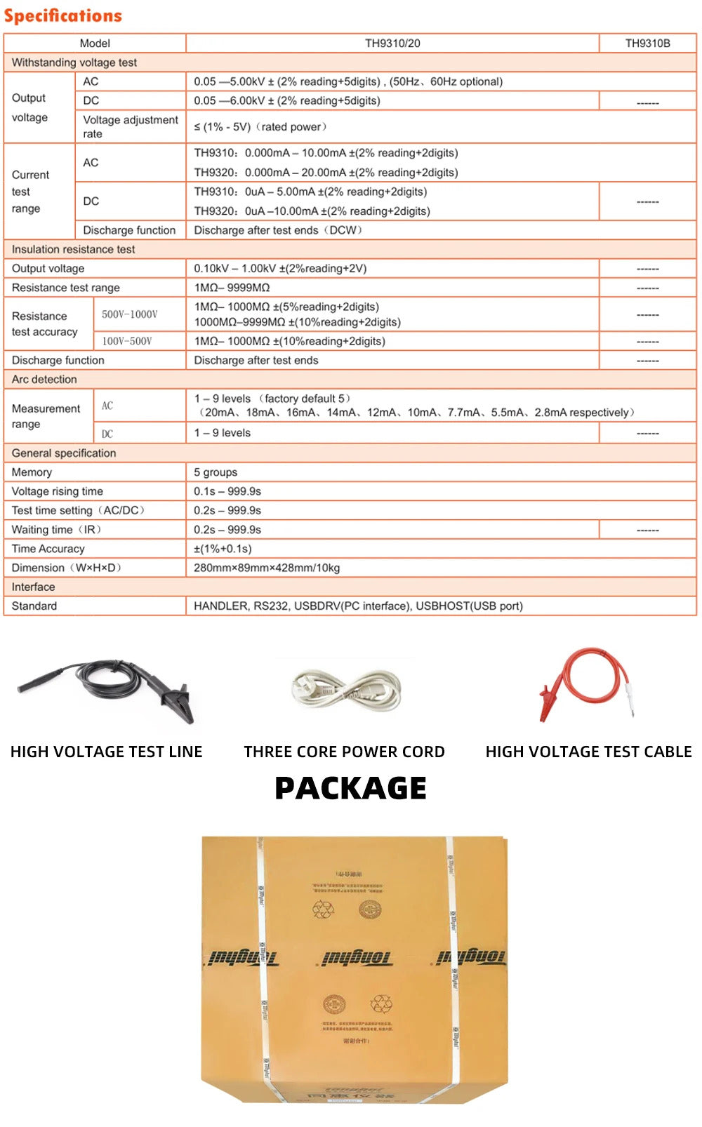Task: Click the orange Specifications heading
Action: point(63,15)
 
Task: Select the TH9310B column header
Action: point(647,44)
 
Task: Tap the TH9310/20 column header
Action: point(392,44)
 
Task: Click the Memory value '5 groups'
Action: point(216,472)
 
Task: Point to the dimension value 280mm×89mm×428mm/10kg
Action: point(267,568)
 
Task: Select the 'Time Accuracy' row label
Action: point(48,549)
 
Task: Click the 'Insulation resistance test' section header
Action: point(73,249)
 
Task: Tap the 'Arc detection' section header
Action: point(44,379)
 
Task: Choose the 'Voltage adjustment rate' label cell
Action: point(130,126)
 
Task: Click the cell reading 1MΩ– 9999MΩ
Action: point(232,288)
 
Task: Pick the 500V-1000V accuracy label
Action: point(130,314)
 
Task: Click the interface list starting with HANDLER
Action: point(358,606)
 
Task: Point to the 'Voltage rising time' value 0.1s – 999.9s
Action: point(227,491)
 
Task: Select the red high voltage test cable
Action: point(586,684)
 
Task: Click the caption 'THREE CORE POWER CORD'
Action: point(344,752)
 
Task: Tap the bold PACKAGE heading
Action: point(350,788)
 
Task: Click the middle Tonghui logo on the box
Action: point(357,957)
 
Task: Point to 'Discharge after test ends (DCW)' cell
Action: point(278,230)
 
